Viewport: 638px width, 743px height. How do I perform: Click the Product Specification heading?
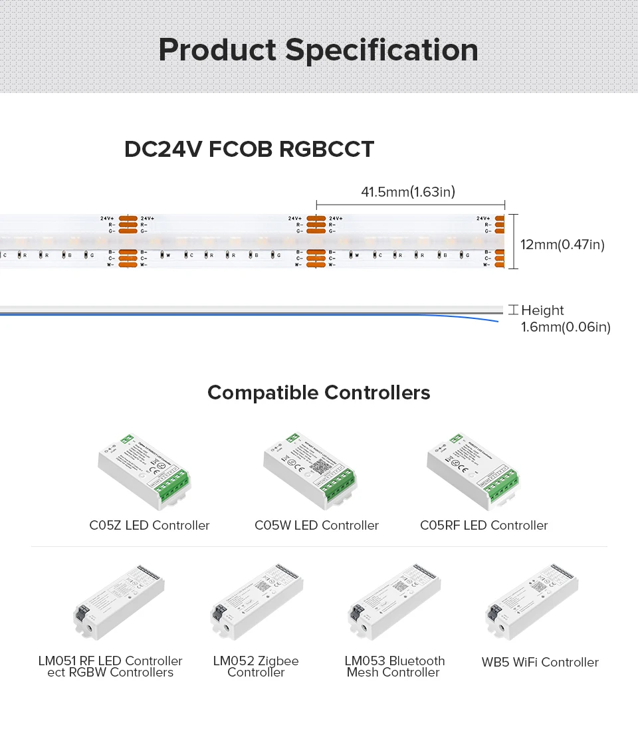pos(318,51)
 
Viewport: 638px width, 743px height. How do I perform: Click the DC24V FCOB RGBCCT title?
pos(249,149)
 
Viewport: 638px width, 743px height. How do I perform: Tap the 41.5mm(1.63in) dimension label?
pos(408,193)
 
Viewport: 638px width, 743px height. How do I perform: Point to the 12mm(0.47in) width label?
pos(562,245)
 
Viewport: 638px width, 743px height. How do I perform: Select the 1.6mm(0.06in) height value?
pos(566,327)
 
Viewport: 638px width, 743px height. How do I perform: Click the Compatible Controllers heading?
pos(319,393)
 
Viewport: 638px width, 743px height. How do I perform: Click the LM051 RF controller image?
pos(118,603)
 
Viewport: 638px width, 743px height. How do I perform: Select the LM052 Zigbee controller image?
pos(257,603)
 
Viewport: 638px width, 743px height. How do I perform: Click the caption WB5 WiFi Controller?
pos(540,663)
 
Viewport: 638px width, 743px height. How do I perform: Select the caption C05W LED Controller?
pos(316,526)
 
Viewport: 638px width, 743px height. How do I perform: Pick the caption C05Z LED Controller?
pos(150,526)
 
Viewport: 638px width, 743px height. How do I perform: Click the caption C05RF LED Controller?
pos(484,526)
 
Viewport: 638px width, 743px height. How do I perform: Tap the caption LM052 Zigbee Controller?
pos(256,667)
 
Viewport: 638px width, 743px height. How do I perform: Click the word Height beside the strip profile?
pos(542,310)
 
